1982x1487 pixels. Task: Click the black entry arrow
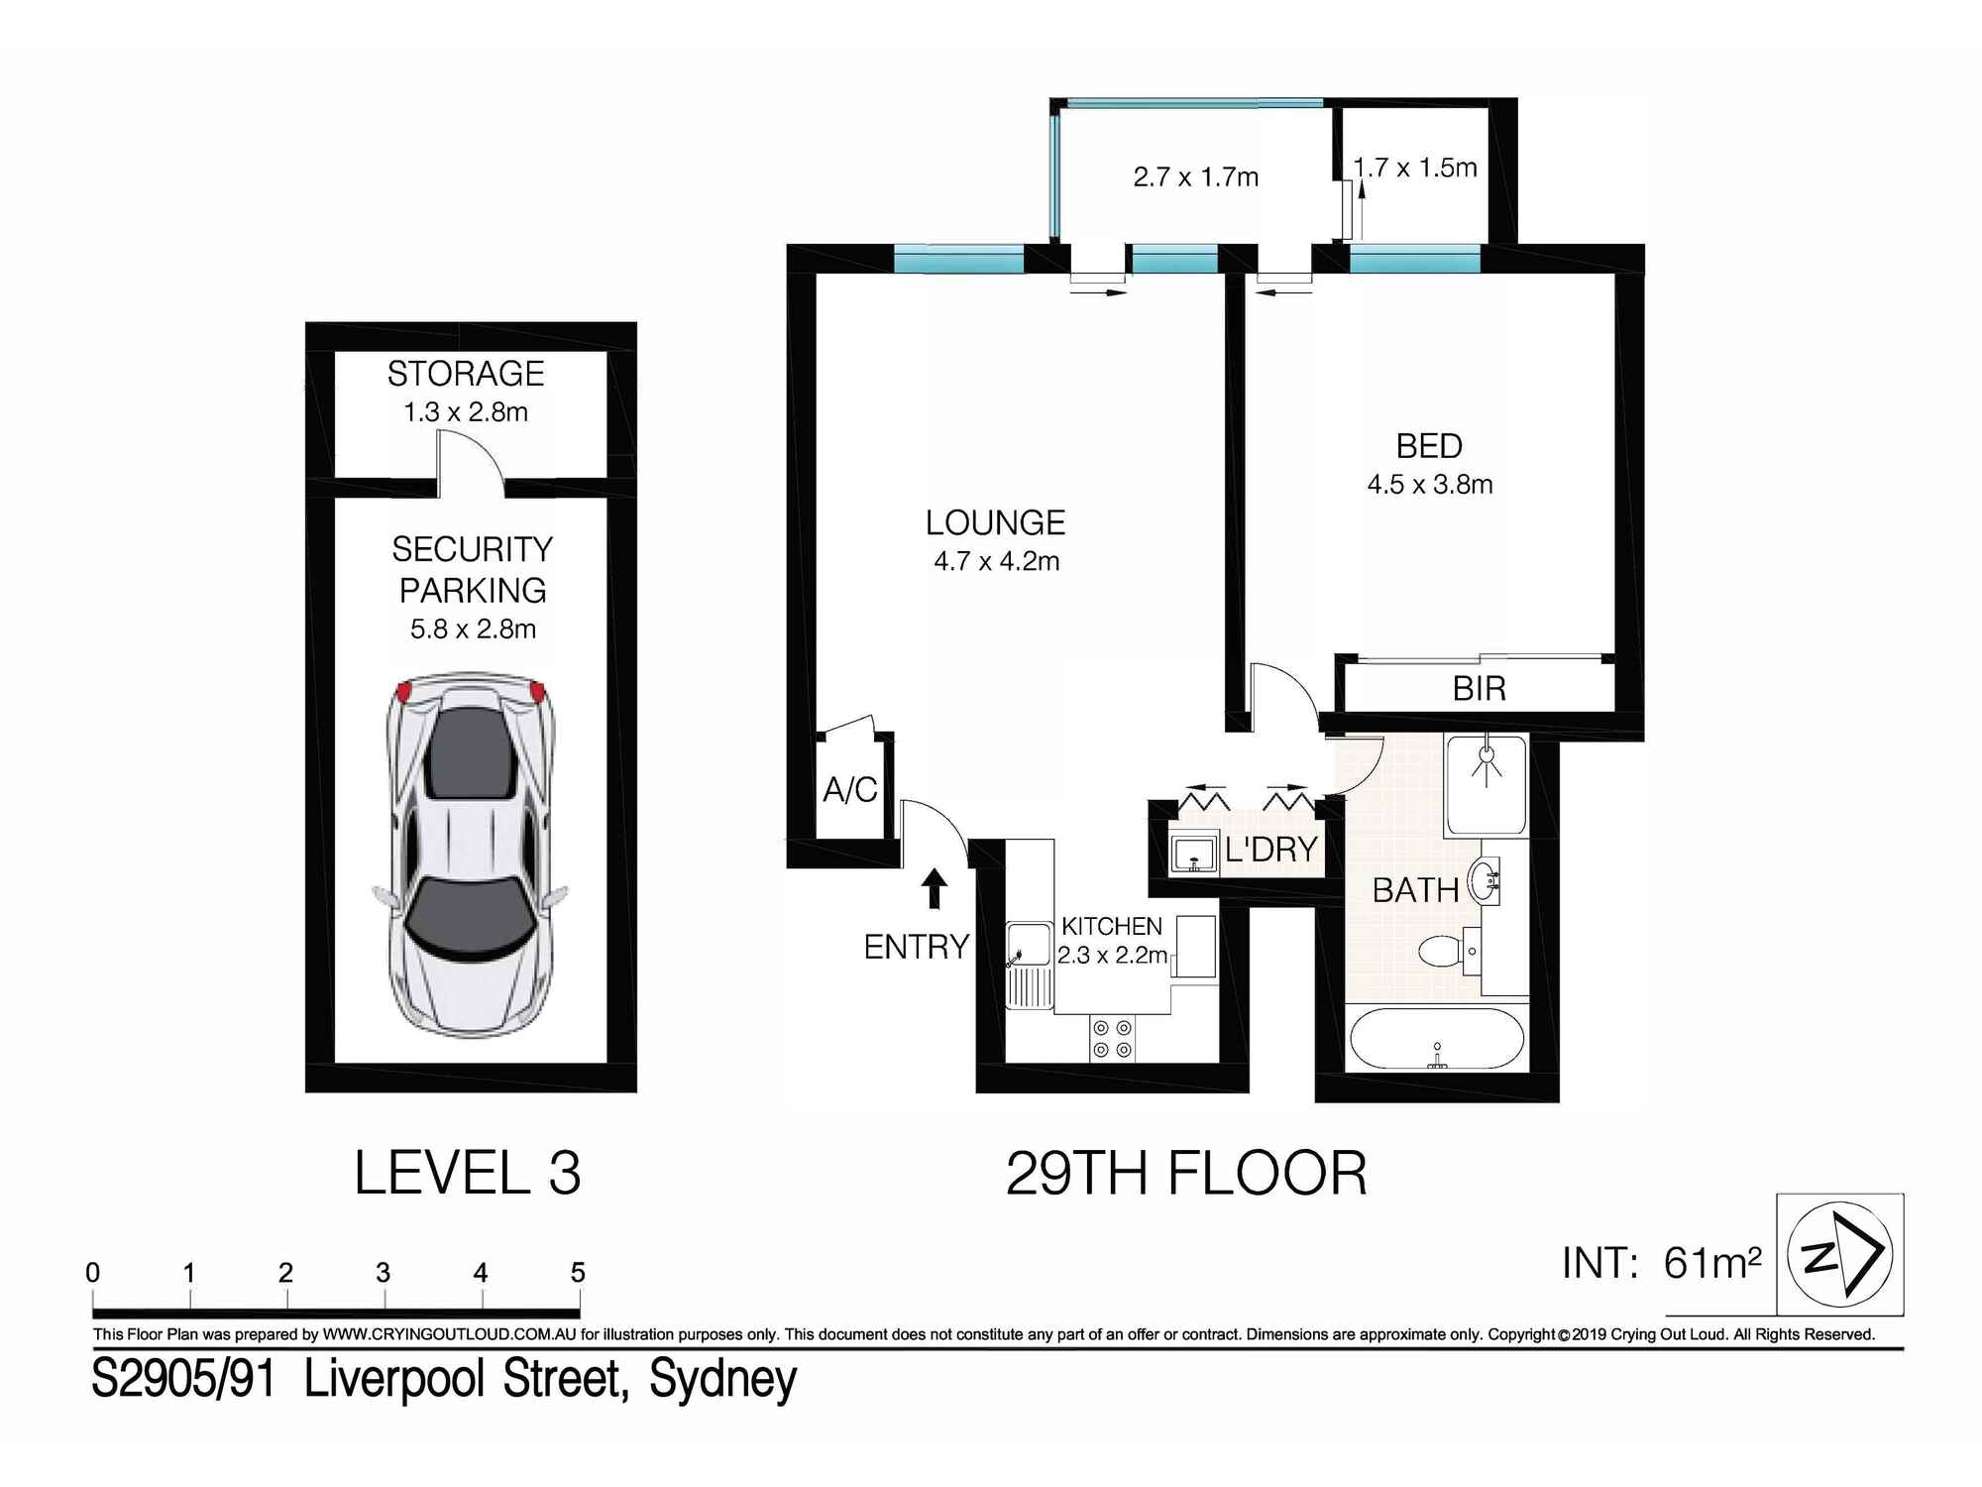click(934, 888)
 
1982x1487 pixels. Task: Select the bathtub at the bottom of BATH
click(1436, 1039)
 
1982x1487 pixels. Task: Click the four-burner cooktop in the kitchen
click(1112, 1038)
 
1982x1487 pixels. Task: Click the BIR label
click(1479, 688)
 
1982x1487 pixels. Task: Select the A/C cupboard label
click(850, 790)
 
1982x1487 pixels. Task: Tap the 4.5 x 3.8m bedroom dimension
click(1429, 485)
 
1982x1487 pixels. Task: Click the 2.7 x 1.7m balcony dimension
click(1195, 177)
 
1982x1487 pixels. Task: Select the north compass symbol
click(1839, 1254)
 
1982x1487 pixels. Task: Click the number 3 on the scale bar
click(383, 1272)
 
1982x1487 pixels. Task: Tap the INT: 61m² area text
click(1661, 1263)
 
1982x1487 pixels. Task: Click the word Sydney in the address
click(722, 1379)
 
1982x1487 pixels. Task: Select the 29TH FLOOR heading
click(1186, 1174)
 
